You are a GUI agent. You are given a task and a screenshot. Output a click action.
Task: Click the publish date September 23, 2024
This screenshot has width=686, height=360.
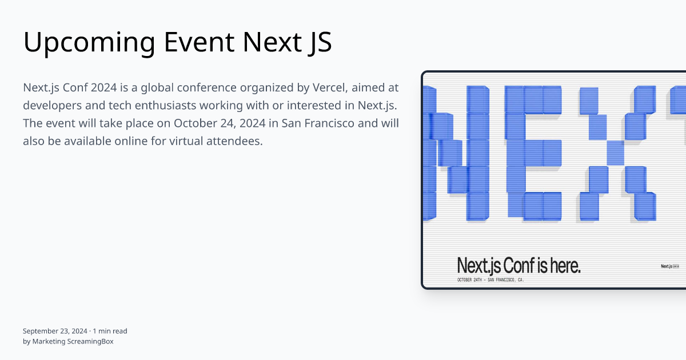point(55,331)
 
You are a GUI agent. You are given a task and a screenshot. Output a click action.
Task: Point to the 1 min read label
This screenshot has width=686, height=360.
point(110,331)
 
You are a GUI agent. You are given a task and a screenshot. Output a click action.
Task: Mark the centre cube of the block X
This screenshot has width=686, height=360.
point(615,151)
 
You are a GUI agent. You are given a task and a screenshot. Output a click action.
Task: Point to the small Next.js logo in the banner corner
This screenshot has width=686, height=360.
point(669,266)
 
